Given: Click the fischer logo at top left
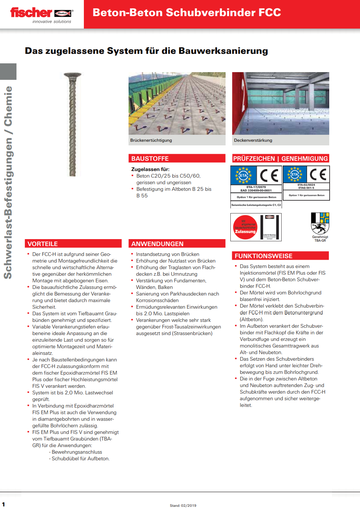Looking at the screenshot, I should tap(41, 14).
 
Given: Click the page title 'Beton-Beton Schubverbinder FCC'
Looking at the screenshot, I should tap(186, 12).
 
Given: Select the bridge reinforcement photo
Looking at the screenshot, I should tap(177, 103).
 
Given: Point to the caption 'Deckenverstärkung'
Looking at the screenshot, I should tap(253, 140).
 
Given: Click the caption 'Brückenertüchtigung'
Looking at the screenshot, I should tap(151, 140).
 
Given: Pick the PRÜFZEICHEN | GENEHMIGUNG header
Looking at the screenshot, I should tap(280, 159).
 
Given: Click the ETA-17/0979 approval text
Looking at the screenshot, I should tap(256, 187).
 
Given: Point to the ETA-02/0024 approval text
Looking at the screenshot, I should tap(306, 185).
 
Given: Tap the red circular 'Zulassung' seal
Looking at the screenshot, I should tap(245, 227).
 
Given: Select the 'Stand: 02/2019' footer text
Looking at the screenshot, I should tap(183, 506).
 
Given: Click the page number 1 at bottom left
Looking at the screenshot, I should tap(4, 505).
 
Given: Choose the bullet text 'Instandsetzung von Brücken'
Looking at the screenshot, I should tap(167, 254).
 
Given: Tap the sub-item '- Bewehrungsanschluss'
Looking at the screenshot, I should tap(75, 452).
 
